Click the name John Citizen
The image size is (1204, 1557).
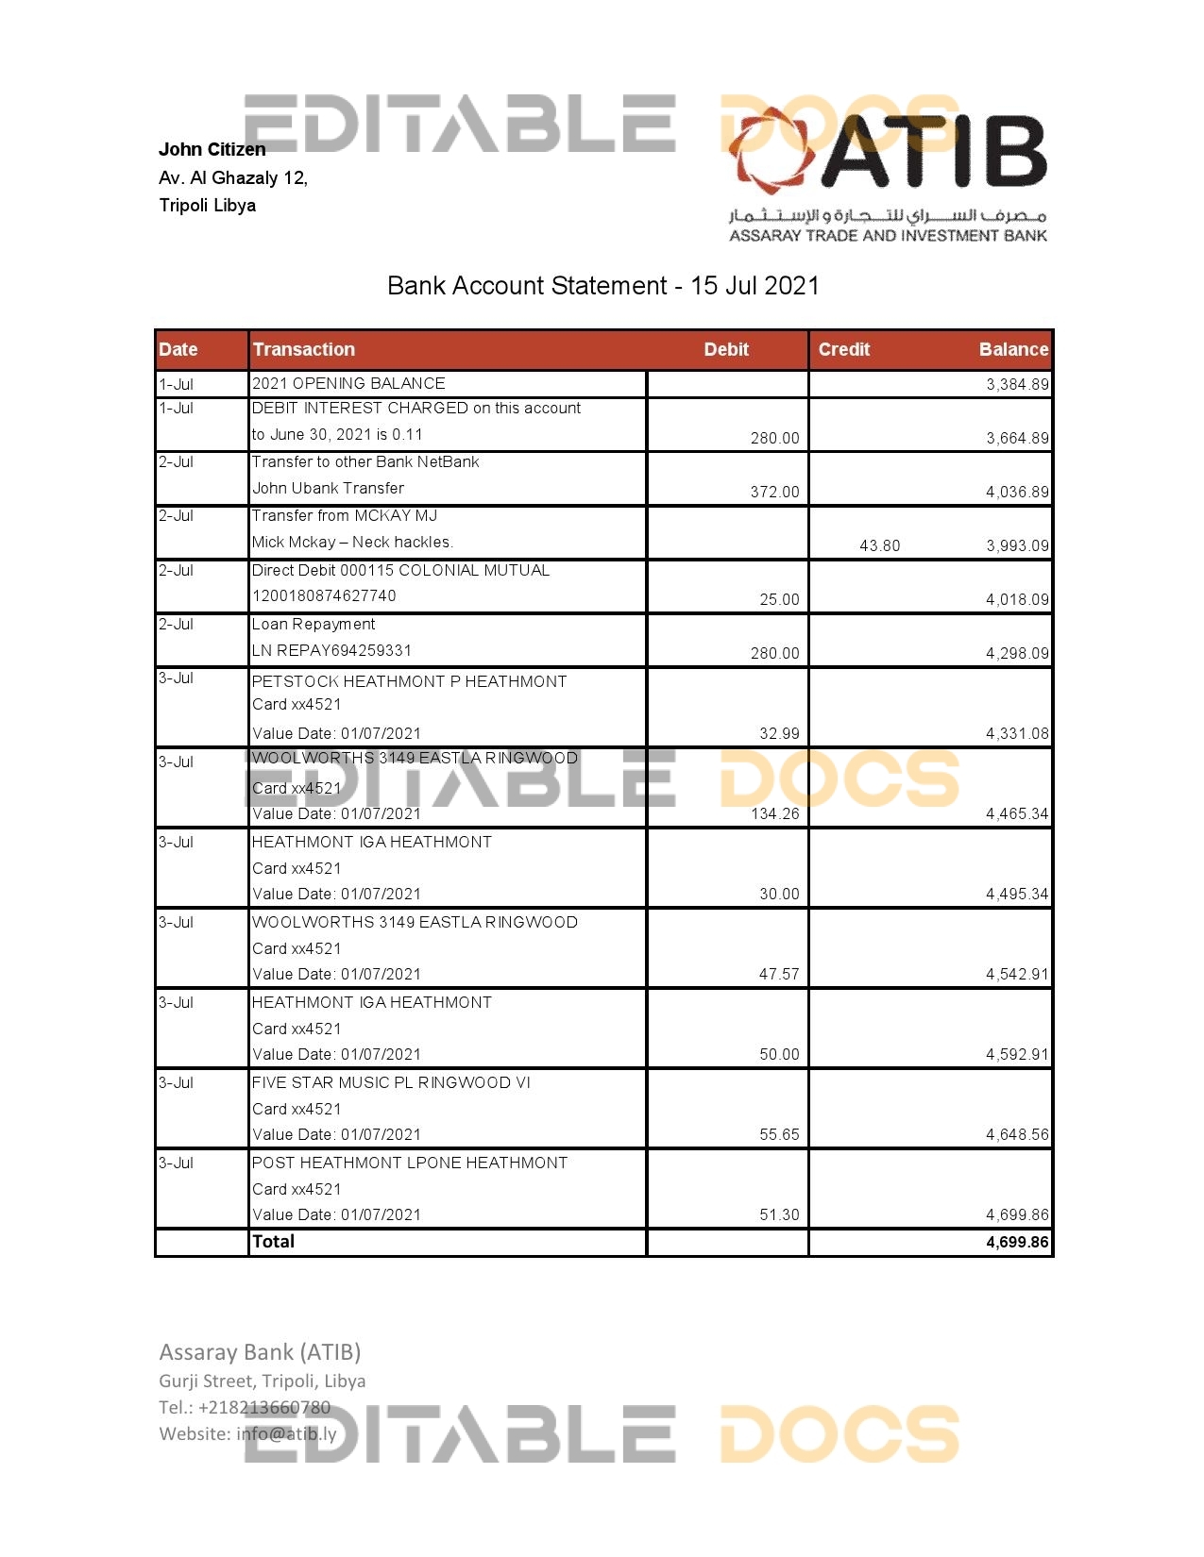point(212,149)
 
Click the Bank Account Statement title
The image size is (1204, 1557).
point(602,286)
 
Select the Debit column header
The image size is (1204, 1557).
point(725,349)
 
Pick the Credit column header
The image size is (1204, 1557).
point(843,349)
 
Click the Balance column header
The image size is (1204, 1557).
point(1013,349)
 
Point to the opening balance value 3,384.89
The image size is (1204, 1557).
point(1017,384)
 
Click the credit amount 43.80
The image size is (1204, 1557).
point(879,545)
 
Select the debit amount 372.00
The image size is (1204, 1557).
point(774,492)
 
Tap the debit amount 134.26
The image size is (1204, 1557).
point(774,813)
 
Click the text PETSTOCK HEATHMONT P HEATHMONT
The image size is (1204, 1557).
point(409,681)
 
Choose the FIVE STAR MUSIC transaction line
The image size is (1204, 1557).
point(391,1082)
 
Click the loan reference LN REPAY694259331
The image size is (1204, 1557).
point(331,650)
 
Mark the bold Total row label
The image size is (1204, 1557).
point(273,1242)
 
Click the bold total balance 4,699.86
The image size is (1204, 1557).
point(1017,1242)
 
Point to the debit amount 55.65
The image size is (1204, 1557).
point(779,1134)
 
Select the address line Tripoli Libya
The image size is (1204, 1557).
point(207,205)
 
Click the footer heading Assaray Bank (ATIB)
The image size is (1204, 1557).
point(260,1352)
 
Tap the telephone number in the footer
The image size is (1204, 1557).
point(245,1407)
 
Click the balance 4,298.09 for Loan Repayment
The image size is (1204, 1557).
point(1017,653)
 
